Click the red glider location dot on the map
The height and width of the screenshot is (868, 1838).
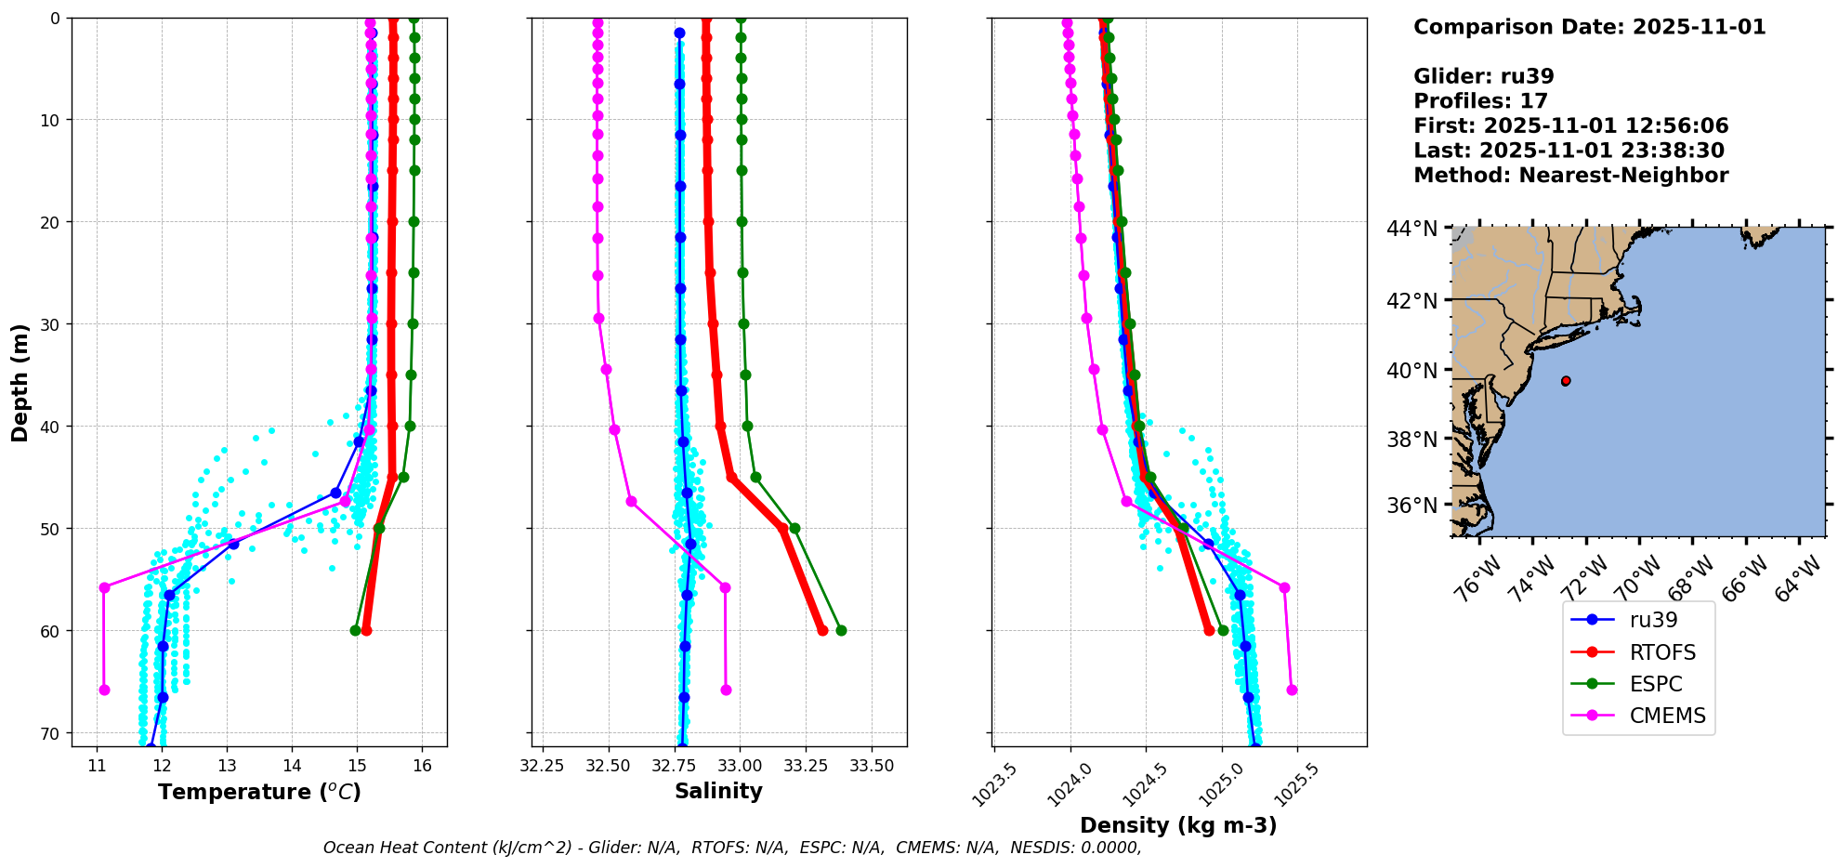point(1566,381)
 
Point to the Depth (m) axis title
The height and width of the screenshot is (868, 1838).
point(20,382)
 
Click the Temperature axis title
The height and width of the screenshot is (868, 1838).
point(259,792)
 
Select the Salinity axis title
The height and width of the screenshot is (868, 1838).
point(718,792)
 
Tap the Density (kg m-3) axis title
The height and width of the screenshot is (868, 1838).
point(1178,825)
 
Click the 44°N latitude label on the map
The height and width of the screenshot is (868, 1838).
point(1412,229)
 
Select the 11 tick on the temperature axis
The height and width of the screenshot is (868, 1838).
point(97,766)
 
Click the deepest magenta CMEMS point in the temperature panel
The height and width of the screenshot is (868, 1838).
point(104,690)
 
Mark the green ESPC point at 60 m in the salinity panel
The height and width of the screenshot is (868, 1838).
point(841,630)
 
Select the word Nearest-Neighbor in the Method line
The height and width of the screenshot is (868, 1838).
point(1623,176)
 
